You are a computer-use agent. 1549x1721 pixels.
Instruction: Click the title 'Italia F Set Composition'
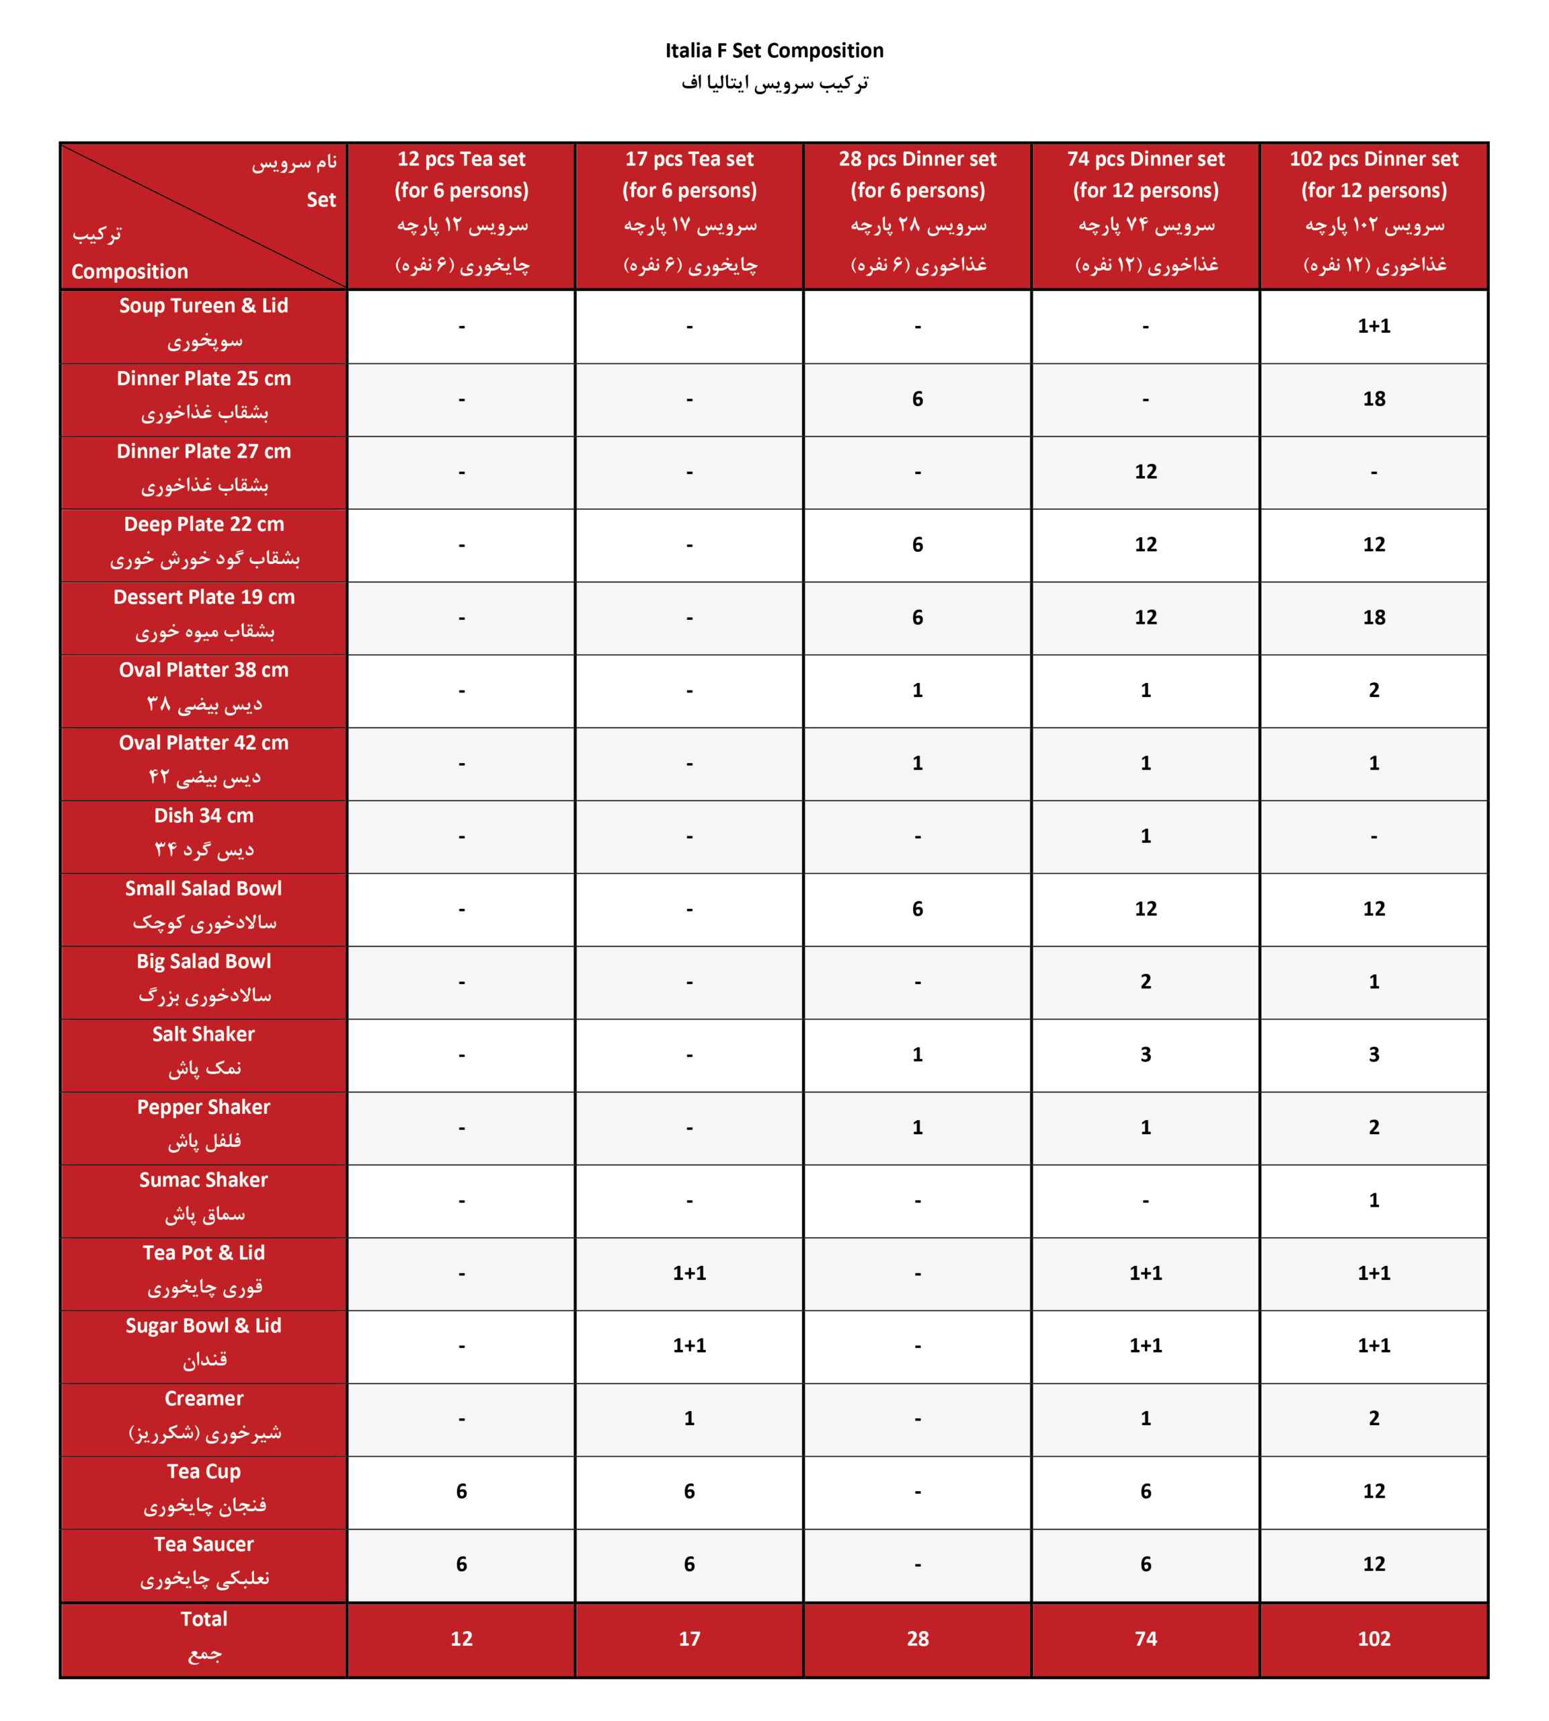click(774, 51)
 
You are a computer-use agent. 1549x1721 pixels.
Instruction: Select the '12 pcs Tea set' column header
click(461, 159)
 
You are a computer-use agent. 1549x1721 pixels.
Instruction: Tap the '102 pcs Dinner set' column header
click(1373, 159)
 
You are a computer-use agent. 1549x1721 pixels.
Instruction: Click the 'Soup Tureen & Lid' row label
click(204, 306)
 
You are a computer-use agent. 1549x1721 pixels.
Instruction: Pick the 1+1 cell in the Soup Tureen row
click(1373, 326)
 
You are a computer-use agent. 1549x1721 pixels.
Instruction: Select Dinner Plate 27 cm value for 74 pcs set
click(1145, 471)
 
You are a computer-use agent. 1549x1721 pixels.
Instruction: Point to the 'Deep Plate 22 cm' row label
click(204, 524)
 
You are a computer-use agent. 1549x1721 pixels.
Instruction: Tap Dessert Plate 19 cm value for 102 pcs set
click(1373, 617)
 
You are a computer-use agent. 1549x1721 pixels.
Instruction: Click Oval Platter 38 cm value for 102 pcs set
click(1373, 690)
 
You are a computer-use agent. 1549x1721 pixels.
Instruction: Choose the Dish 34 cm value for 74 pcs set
click(1145, 836)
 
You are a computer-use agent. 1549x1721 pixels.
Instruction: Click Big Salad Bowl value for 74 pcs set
click(1145, 982)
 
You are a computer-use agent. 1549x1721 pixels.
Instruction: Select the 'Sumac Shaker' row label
click(204, 1180)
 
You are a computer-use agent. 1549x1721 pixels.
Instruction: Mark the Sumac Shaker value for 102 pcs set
click(1373, 1200)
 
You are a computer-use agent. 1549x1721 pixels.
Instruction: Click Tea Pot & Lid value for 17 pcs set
click(688, 1273)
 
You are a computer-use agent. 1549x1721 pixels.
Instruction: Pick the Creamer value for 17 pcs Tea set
click(688, 1418)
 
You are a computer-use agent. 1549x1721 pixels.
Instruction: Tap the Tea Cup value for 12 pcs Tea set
click(461, 1491)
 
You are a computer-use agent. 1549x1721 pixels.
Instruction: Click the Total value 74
click(1145, 1638)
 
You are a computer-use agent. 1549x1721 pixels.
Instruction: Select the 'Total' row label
click(204, 1619)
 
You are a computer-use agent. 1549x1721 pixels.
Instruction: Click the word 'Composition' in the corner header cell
click(129, 272)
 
